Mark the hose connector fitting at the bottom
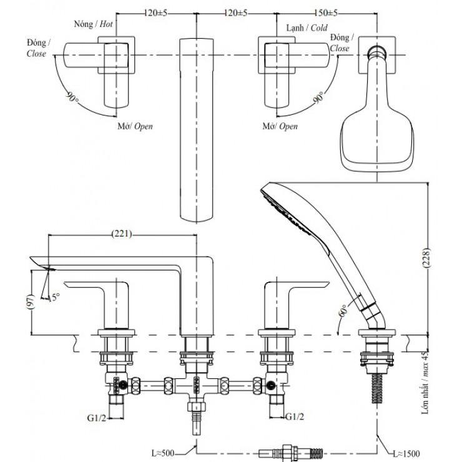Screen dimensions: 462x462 pyautogui.click(x=290, y=448)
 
